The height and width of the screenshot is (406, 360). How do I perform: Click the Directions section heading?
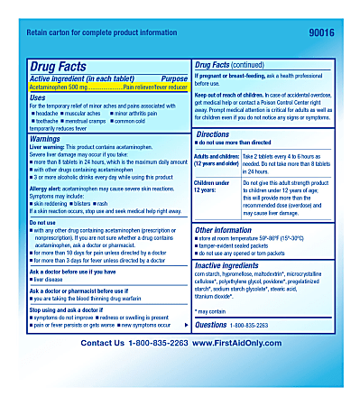pyautogui.click(x=213, y=134)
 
